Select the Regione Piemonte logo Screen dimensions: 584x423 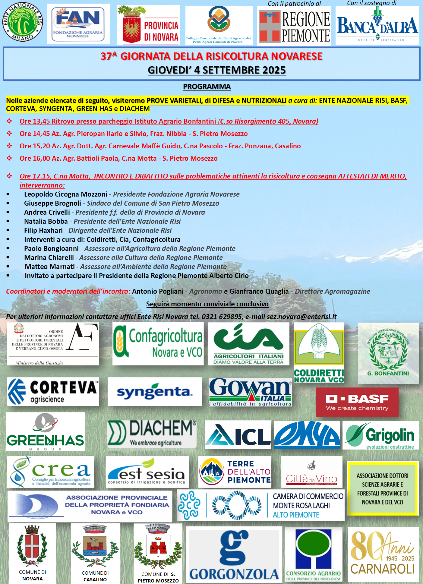pos(294,26)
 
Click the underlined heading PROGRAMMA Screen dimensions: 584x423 pos(207,87)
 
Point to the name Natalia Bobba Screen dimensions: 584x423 pos(46,222)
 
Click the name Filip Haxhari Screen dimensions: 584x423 pos(43,231)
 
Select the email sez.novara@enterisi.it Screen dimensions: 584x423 pos(301,317)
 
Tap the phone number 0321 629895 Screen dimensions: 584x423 pos(222,317)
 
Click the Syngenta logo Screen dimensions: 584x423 pos(154,392)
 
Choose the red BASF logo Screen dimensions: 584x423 pos(357,402)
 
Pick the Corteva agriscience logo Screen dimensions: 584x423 pos(53,391)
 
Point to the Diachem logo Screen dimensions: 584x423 pos(152,434)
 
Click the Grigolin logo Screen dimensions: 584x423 pos(380,435)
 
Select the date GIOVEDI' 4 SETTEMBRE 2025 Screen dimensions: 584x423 pos(216,70)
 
